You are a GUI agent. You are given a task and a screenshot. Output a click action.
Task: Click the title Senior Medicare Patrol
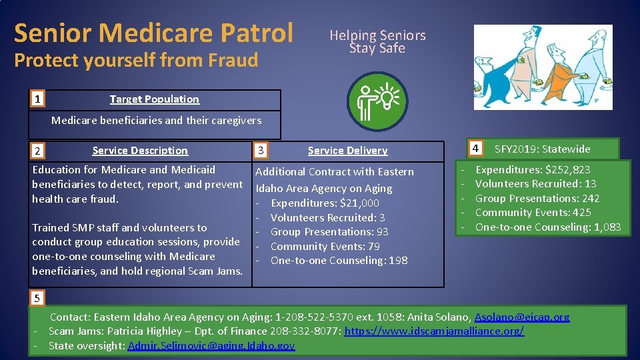pos(153,32)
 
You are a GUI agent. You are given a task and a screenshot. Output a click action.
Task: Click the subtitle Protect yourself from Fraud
pos(136,60)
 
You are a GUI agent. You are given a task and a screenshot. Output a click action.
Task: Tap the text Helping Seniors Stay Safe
pos(377,41)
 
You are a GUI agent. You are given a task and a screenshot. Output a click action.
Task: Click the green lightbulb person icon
pos(377,101)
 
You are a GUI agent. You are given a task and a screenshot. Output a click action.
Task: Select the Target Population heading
pos(154,99)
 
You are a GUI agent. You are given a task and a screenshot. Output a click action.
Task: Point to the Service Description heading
pos(140,151)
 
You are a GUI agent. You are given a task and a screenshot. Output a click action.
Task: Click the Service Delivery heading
pos(347,151)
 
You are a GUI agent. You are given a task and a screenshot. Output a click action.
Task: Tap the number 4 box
pos(475,148)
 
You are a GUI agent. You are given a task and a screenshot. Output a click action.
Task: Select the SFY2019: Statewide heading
pos(542,149)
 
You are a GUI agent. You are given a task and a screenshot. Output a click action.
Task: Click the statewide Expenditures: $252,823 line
pos(532,169)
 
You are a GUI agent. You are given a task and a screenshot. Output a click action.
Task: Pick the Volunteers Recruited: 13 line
pos(535,184)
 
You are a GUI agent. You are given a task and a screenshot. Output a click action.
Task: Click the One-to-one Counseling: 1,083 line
pos(547,227)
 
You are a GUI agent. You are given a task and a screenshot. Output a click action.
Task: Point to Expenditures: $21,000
pos(325,203)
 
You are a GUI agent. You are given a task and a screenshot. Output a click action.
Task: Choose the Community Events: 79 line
pos(325,246)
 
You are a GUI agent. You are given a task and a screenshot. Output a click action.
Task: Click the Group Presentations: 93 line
pos(329,231)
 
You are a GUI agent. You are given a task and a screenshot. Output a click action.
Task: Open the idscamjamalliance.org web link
pos(434,331)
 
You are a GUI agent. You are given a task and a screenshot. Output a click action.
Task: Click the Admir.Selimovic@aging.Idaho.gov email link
pos(211,345)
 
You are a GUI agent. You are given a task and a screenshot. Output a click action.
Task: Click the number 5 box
pos(38,297)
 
